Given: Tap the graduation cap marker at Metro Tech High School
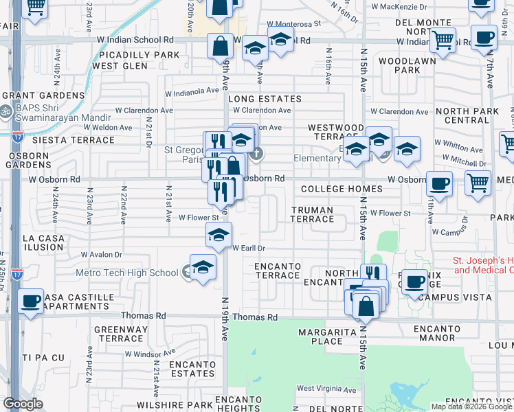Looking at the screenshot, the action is pyautogui.click(x=203, y=268).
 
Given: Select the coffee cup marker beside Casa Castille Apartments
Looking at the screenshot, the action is pyautogui.click(x=30, y=301).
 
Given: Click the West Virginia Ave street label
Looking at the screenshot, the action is pyautogui.click(x=326, y=389).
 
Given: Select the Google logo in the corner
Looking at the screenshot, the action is pyautogui.click(x=23, y=404).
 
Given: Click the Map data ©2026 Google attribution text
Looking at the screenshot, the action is pyautogui.click(x=471, y=407).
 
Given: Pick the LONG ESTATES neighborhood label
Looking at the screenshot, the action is pyautogui.click(x=265, y=100).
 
